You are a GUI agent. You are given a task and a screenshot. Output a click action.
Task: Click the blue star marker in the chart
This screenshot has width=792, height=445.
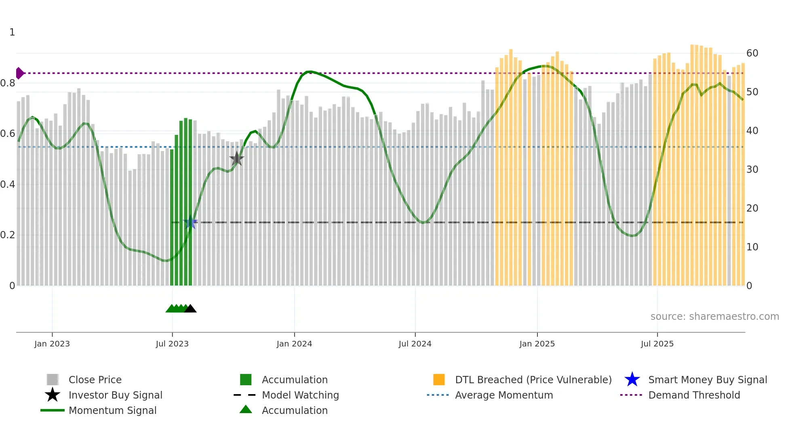pos(190,222)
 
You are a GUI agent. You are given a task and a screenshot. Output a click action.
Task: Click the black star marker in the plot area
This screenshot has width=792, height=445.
pos(237,159)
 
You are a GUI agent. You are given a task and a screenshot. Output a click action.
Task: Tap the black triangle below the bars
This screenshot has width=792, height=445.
pos(190,309)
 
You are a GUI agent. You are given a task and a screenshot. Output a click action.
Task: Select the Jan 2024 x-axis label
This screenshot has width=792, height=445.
pos(294,344)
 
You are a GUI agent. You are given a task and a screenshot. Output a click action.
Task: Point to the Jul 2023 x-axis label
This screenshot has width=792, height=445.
pos(172,344)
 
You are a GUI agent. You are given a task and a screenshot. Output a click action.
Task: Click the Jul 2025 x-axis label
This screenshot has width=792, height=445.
pos(657,344)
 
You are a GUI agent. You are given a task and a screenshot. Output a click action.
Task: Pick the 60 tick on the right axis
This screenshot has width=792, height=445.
pos(752,53)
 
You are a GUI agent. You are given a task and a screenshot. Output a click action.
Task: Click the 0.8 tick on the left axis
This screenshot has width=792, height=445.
pos(8,83)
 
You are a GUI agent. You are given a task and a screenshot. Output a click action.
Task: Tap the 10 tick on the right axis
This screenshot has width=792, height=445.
pos(752,247)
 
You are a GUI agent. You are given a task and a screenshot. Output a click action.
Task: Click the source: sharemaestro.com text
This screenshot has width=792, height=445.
pos(714,317)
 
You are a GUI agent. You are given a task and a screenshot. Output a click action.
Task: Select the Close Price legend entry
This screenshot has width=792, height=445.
pos(95,380)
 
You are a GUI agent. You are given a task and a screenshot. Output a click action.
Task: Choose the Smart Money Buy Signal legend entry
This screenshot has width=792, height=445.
pos(707,380)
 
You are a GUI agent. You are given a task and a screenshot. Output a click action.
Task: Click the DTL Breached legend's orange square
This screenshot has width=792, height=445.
pos(439,380)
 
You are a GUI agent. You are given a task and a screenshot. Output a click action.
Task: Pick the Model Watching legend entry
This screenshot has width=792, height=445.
pos(300,395)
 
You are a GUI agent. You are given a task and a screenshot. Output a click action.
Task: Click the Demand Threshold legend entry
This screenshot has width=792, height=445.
pos(694,395)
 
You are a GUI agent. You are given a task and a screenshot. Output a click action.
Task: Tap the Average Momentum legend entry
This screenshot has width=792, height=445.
pos(503,395)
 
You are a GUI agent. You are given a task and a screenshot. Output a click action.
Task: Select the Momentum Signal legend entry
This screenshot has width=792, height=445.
pos(112,410)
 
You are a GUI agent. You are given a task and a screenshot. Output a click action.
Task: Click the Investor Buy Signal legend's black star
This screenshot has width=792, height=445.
pos(53,395)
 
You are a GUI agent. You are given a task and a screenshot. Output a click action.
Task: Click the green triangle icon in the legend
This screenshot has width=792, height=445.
pos(246,410)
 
